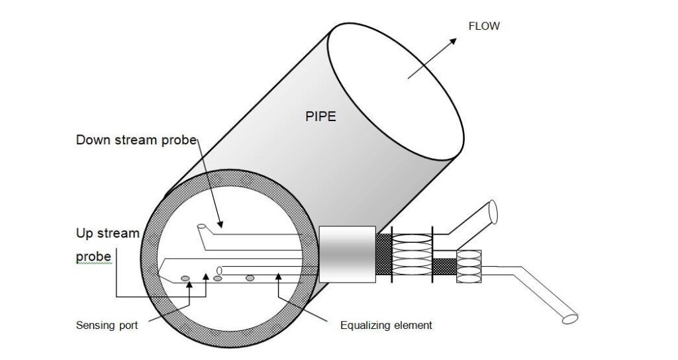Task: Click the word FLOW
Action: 484,26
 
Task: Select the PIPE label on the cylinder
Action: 320,117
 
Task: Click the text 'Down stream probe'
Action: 136,140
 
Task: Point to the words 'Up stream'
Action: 107,234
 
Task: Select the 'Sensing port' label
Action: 107,326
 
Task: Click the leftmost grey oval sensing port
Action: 185,278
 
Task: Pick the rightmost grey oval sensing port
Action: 250,278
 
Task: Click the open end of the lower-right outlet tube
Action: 570,319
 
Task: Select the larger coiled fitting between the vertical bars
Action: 412,253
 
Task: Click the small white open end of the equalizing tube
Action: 220,269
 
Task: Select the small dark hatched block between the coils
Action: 444,267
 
